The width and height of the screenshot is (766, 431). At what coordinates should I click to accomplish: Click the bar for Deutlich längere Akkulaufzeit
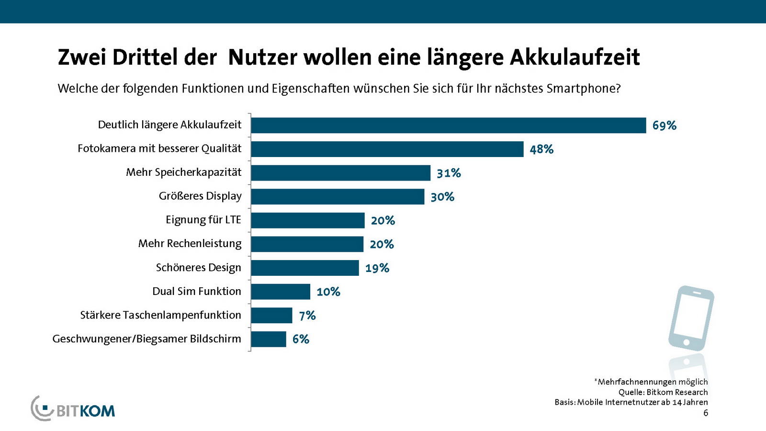tap(448, 125)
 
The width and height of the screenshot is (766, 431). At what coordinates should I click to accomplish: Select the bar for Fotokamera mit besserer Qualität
tap(387, 149)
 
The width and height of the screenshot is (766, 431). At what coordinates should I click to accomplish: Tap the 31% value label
tap(449, 173)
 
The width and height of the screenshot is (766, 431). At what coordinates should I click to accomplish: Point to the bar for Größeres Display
tap(338, 197)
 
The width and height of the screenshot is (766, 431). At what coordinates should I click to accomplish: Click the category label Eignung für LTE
tap(203, 220)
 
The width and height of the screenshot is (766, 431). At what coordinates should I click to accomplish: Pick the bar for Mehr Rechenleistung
tap(307, 244)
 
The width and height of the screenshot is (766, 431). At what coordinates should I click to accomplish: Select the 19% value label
tap(377, 268)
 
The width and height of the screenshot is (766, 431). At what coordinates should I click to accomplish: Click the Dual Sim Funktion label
tap(197, 291)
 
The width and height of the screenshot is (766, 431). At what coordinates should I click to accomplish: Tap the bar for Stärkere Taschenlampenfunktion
tap(271, 316)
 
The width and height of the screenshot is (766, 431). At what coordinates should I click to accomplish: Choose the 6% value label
tap(301, 339)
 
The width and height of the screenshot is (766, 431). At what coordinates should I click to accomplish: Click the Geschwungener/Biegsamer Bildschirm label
tap(146, 339)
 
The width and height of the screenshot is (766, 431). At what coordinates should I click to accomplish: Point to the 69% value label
tap(664, 125)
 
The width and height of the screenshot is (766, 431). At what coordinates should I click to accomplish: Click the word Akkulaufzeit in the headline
tap(574, 57)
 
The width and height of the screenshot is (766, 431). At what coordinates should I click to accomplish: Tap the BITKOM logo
tap(73, 409)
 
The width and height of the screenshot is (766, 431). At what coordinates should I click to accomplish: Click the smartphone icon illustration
tap(690, 318)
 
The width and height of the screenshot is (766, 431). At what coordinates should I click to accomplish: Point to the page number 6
tap(706, 413)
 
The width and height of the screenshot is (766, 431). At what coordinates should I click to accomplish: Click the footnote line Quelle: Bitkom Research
tap(663, 392)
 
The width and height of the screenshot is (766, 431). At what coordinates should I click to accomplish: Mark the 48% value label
tap(541, 149)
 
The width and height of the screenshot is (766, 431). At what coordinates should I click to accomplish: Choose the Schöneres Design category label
tap(198, 268)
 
